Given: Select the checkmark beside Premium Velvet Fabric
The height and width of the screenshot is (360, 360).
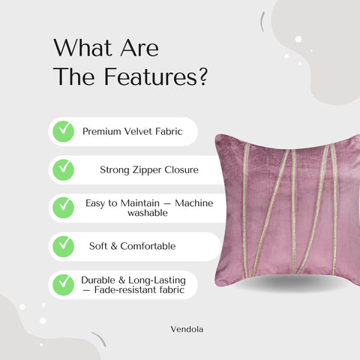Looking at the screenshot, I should (x=63, y=131).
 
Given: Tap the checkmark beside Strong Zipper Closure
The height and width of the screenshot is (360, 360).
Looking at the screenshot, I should (x=63, y=169).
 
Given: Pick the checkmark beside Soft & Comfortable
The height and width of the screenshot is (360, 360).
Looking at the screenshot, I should (x=63, y=245).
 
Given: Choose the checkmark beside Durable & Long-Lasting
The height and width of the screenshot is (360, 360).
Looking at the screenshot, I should (x=63, y=284).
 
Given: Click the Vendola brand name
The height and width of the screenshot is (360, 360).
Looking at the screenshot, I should (x=186, y=328).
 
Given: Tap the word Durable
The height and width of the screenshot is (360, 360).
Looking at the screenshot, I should (x=98, y=280).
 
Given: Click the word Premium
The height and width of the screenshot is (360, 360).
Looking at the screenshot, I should (x=101, y=131).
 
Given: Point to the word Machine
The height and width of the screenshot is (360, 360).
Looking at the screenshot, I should (x=191, y=202).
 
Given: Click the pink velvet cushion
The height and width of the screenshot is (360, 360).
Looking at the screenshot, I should (x=289, y=202).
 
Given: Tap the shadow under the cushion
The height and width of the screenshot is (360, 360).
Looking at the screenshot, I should (x=289, y=283).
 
